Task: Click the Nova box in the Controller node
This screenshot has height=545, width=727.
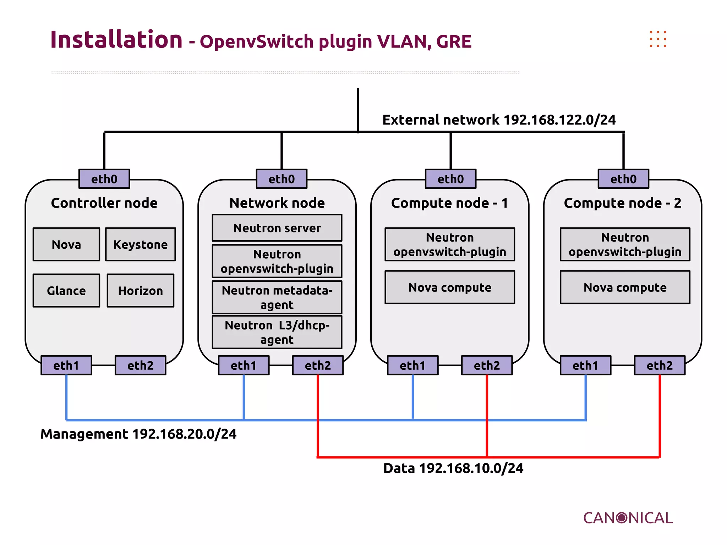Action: (x=66, y=244)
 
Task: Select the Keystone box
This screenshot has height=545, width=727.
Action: (x=141, y=244)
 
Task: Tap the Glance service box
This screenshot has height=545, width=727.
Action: (x=66, y=291)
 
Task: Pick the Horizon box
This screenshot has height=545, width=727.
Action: (x=141, y=291)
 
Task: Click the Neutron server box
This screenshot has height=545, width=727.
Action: (x=277, y=228)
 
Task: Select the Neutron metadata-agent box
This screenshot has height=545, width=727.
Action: (x=277, y=297)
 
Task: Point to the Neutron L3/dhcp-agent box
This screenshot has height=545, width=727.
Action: (x=277, y=332)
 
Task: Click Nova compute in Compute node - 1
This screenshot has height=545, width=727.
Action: (x=450, y=287)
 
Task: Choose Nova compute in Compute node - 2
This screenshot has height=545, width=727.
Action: (x=625, y=287)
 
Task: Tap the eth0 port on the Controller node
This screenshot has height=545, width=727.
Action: (x=104, y=179)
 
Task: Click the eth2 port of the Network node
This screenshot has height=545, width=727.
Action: (x=318, y=365)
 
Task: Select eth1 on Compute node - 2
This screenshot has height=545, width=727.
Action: (x=585, y=365)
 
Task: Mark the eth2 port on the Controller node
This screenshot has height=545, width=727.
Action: (x=140, y=365)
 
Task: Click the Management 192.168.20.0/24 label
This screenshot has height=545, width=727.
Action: (x=138, y=434)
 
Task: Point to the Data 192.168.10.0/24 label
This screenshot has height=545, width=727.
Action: (x=453, y=468)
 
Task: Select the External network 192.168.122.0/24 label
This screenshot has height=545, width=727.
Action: (x=499, y=120)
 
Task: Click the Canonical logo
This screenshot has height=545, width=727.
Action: (x=628, y=518)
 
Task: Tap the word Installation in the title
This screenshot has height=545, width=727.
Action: (x=116, y=39)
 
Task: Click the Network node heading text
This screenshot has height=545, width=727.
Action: (x=277, y=203)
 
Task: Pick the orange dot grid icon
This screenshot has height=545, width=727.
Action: (x=658, y=39)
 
